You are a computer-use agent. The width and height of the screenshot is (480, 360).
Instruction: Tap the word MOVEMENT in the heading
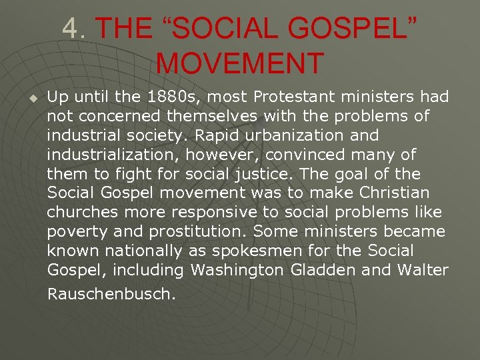tap(240, 63)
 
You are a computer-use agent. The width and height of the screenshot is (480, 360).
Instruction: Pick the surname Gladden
tap(324, 271)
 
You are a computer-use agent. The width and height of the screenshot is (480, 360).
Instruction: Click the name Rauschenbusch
tap(111, 293)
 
